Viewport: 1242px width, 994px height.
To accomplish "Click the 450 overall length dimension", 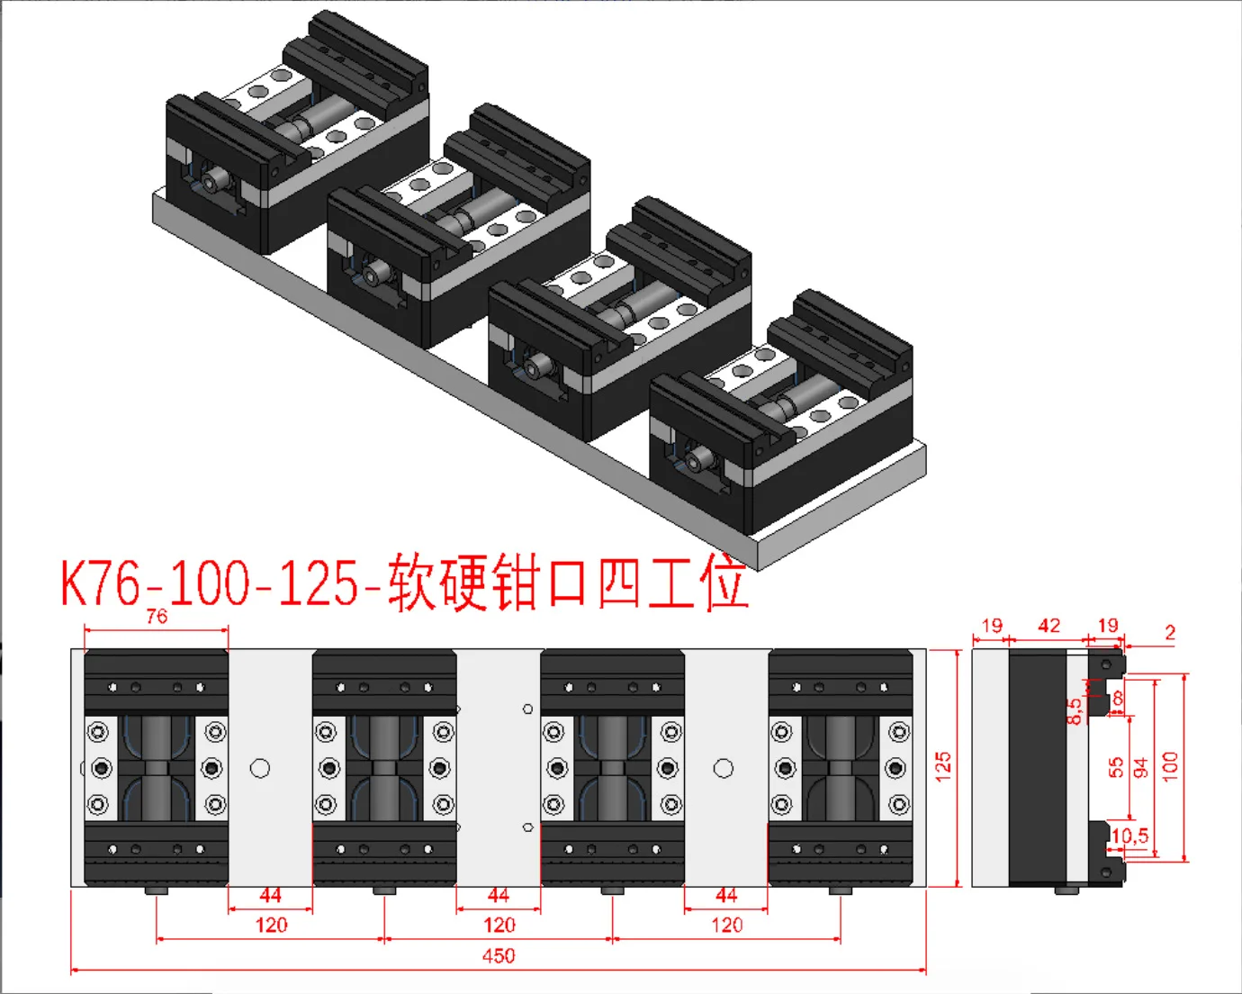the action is click(x=499, y=956).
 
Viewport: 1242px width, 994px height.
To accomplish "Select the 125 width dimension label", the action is click(x=943, y=765).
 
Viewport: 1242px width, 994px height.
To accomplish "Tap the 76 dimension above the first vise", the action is click(x=157, y=617).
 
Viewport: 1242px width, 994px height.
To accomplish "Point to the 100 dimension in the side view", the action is click(x=1170, y=765).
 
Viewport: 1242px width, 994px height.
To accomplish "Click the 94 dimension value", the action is click(x=1141, y=767).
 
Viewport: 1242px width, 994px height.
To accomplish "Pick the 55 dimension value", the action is click(x=1117, y=767).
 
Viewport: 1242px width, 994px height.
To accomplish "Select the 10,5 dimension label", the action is click(x=1129, y=836).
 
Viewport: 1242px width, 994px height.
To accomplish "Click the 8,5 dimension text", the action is click(x=1075, y=711).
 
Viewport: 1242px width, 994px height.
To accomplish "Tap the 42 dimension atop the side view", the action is click(x=1048, y=626).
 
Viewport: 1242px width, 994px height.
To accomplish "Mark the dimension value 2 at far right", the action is click(x=1170, y=632).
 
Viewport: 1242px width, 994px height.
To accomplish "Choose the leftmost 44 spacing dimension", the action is click(x=270, y=896).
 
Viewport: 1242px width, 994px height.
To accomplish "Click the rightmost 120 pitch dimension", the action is click(x=726, y=926).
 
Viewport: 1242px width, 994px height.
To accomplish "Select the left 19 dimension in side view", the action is click(x=992, y=626).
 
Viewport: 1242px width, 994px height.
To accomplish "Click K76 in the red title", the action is click(x=100, y=583).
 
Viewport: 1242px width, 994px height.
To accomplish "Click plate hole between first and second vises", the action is click(x=260, y=768).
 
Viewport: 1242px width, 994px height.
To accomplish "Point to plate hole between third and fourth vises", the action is click(x=724, y=768).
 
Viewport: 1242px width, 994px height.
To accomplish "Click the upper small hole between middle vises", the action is click(x=527, y=709).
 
